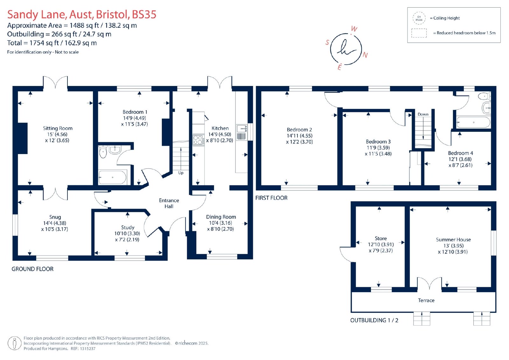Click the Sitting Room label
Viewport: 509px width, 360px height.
pos(58,128)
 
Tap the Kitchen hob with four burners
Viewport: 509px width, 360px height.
pos(198,140)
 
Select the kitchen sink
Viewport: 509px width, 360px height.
pos(241,132)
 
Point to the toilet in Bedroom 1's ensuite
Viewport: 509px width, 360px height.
pos(103,152)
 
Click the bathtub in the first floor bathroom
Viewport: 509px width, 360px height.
pos(474,122)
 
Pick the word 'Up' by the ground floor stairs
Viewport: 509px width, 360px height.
pos(181,173)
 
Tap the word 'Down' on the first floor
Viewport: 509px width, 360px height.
pos(423,114)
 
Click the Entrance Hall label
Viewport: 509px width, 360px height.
pos(169,203)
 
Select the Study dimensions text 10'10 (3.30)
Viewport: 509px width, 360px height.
pos(127,233)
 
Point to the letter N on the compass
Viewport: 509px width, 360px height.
pos(365,55)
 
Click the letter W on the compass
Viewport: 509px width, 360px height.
pos(354,29)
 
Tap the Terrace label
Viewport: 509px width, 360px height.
pos(426,300)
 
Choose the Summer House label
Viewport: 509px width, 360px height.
pos(453,239)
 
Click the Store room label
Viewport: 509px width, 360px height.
pos(380,238)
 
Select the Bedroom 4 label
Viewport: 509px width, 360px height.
pos(460,153)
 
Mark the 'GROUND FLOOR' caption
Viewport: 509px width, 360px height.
pos(32,269)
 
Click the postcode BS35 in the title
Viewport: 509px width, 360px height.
pos(144,14)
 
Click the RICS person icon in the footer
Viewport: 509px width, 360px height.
pos(15,343)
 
